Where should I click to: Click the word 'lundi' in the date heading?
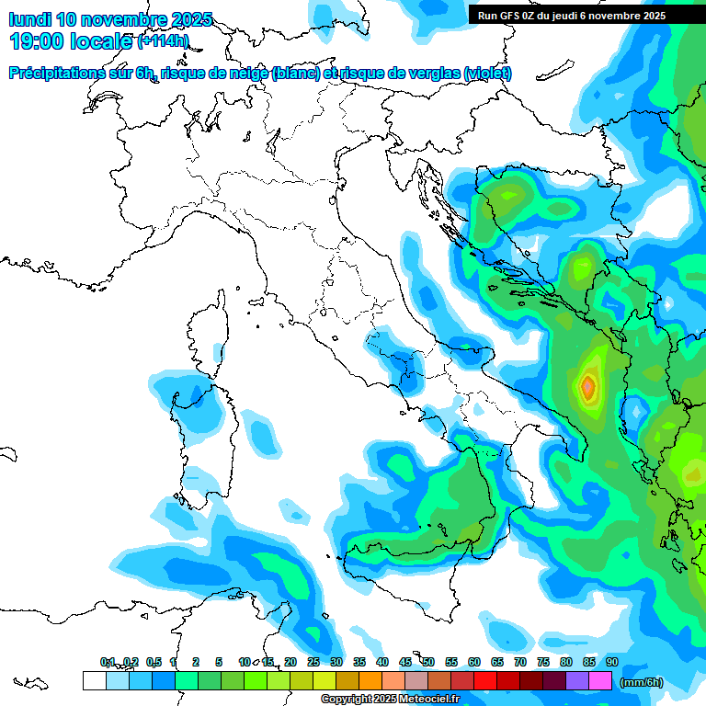(x=29, y=19)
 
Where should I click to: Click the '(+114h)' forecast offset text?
(x=163, y=41)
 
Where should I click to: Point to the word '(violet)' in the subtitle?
(x=488, y=74)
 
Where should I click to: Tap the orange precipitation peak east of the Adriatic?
(x=588, y=387)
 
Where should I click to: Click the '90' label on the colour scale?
(x=612, y=663)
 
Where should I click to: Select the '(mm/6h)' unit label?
(x=641, y=681)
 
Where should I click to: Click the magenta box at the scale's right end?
(x=600, y=680)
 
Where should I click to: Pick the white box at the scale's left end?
(x=94, y=680)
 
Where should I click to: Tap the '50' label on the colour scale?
(x=428, y=663)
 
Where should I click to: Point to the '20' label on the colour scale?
(x=290, y=663)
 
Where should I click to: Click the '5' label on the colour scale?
(x=219, y=663)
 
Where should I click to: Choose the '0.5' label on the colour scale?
(x=154, y=663)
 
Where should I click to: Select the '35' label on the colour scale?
(x=359, y=663)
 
